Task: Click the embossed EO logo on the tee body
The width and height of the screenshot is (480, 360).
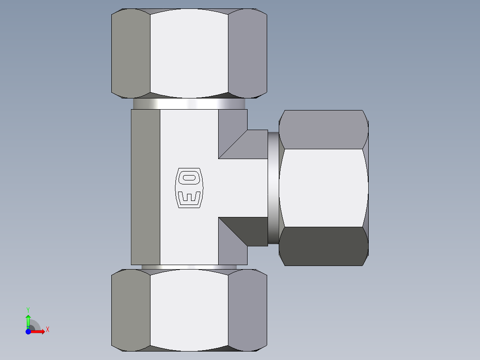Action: click(x=189, y=188)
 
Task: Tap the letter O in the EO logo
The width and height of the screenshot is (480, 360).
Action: click(x=189, y=178)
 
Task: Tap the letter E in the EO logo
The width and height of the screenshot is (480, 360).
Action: click(x=189, y=197)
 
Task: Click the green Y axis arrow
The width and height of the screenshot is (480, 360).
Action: click(x=28, y=319)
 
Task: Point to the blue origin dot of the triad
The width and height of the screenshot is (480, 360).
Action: click(x=28, y=331)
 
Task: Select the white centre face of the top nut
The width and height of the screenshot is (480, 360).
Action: click(x=189, y=53)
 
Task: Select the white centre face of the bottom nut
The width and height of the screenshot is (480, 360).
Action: click(x=189, y=310)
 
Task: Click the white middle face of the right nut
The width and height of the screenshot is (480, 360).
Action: click(x=324, y=188)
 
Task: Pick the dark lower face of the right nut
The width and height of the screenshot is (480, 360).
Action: click(x=324, y=246)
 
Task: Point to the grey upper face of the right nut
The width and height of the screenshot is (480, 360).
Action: click(x=324, y=129)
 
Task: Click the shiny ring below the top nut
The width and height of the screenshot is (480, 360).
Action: click(x=189, y=103)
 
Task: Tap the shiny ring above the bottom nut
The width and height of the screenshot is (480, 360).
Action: click(x=189, y=267)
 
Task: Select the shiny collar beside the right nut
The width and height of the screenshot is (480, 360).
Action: click(x=273, y=188)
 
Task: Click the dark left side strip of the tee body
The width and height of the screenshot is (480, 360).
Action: click(x=146, y=188)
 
